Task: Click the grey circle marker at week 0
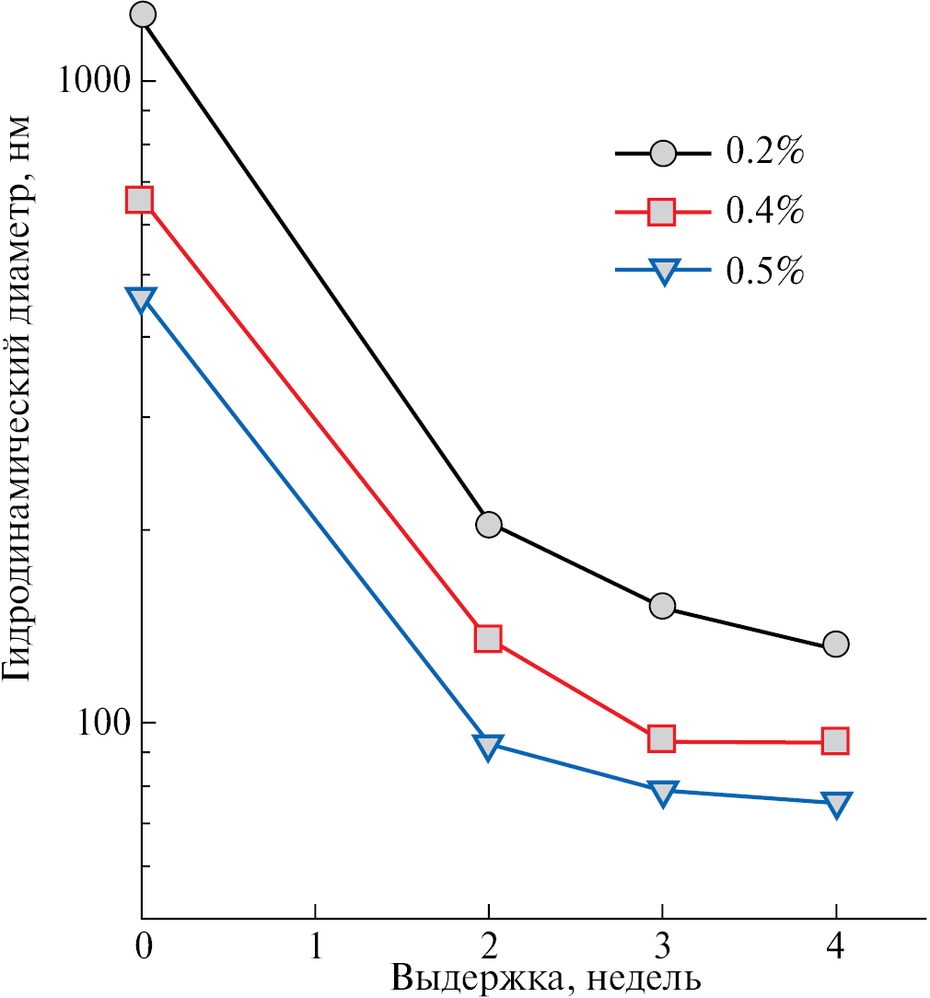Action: [x=143, y=15]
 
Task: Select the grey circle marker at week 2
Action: [x=489, y=524]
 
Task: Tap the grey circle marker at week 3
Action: [x=662, y=606]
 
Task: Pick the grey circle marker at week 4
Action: [x=835, y=644]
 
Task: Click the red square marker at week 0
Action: [x=140, y=200]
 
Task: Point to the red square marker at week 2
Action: [x=488, y=638]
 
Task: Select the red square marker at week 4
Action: [x=835, y=740]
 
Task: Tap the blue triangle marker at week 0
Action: [x=141, y=299]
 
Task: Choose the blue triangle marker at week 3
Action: [x=662, y=792]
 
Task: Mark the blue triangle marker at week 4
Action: [x=836, y=804]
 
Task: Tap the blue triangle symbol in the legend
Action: [x=663, y=271]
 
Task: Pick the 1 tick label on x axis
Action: [x=315, y=946]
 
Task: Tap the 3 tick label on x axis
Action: [x=662, y=946]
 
